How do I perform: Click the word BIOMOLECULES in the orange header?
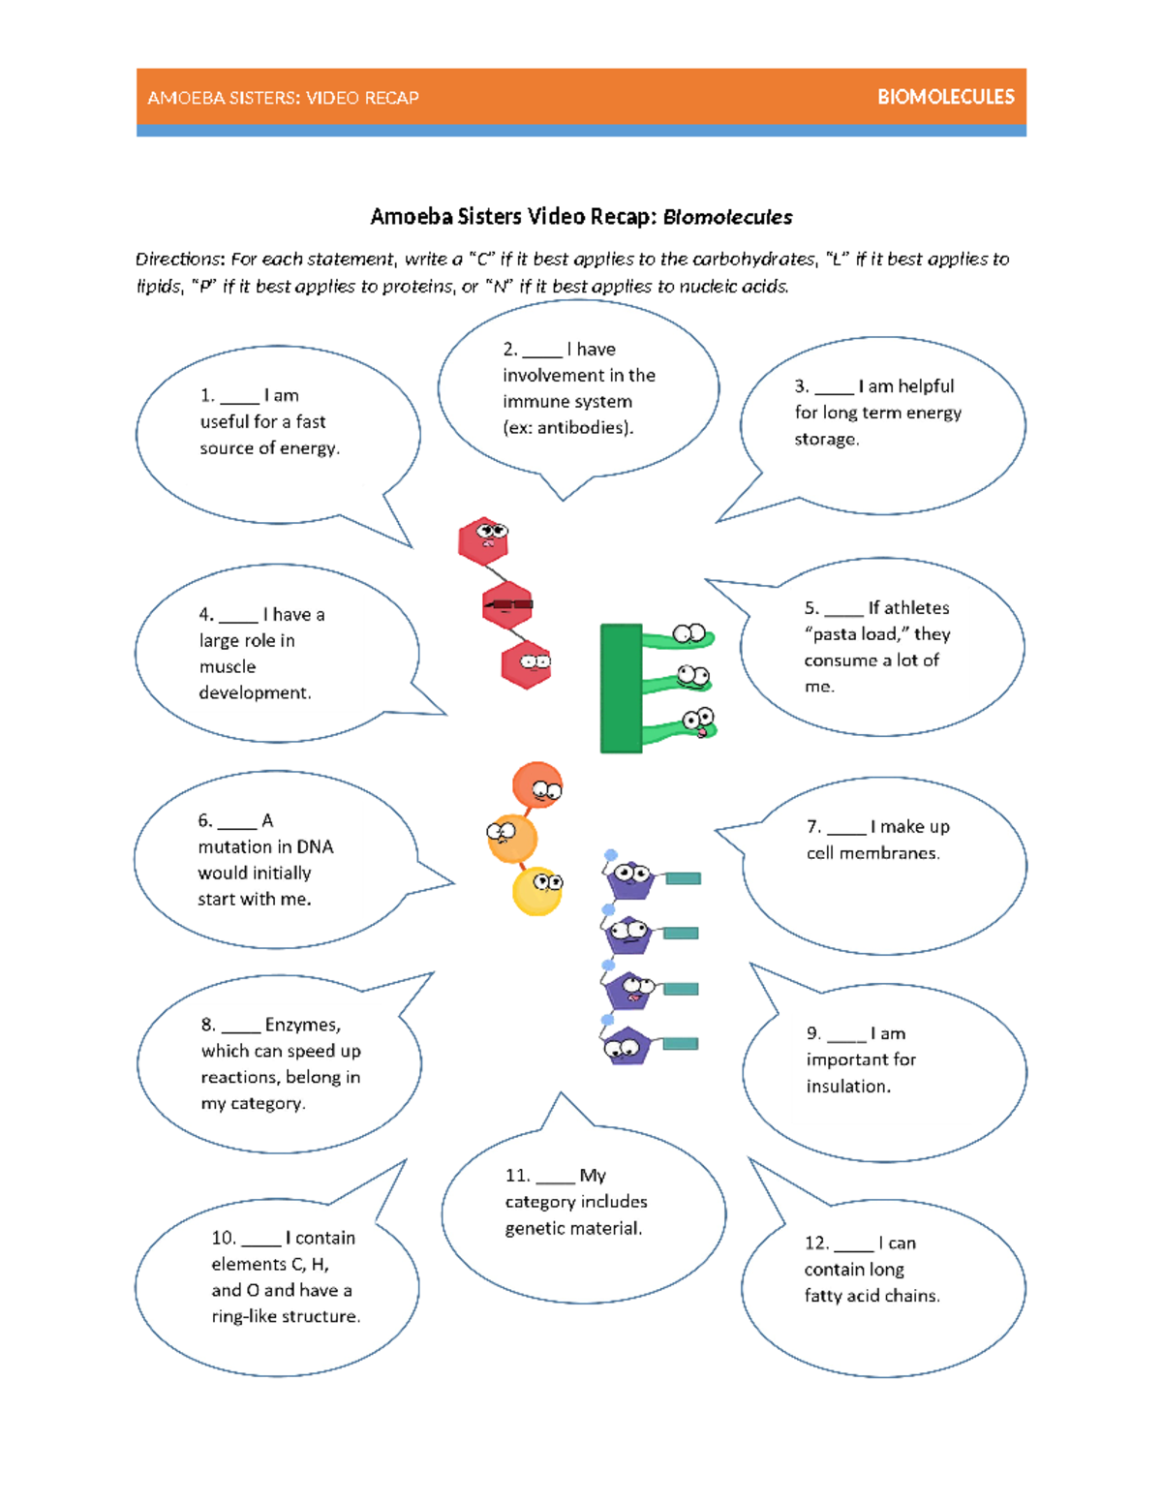(x=945, y=97)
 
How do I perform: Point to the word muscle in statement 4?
(x=228, y=667)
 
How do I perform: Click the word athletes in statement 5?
(x=908, y=608)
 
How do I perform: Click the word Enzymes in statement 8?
(x=302, y=1025)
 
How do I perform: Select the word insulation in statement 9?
(x=848, y=1087)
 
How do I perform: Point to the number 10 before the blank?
(x=223, y=1238)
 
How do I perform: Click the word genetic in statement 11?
(x=534, y=1229)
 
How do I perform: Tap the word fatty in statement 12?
(x=823, y=1296)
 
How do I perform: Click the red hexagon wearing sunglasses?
(x=507, y=605)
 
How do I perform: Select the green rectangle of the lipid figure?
(x=621, y=689)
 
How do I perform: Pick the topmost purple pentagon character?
(x=630, y=879)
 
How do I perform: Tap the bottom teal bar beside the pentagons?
(x=681, y=1044)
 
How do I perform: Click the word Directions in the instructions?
(x=180, y=260)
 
